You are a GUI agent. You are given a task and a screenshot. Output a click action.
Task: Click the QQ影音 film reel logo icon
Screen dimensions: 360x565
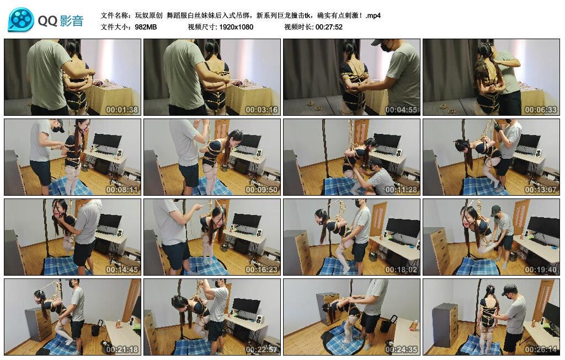(21, 20)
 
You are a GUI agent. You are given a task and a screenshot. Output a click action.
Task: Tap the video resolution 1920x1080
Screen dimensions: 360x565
(236, 26)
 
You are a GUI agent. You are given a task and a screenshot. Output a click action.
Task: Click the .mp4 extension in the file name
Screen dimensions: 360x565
(373, 15)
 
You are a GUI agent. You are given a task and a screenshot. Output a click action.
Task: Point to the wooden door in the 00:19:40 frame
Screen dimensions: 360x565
(520, 217)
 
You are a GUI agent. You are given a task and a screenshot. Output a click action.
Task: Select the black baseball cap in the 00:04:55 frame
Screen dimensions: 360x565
(379, 42)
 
